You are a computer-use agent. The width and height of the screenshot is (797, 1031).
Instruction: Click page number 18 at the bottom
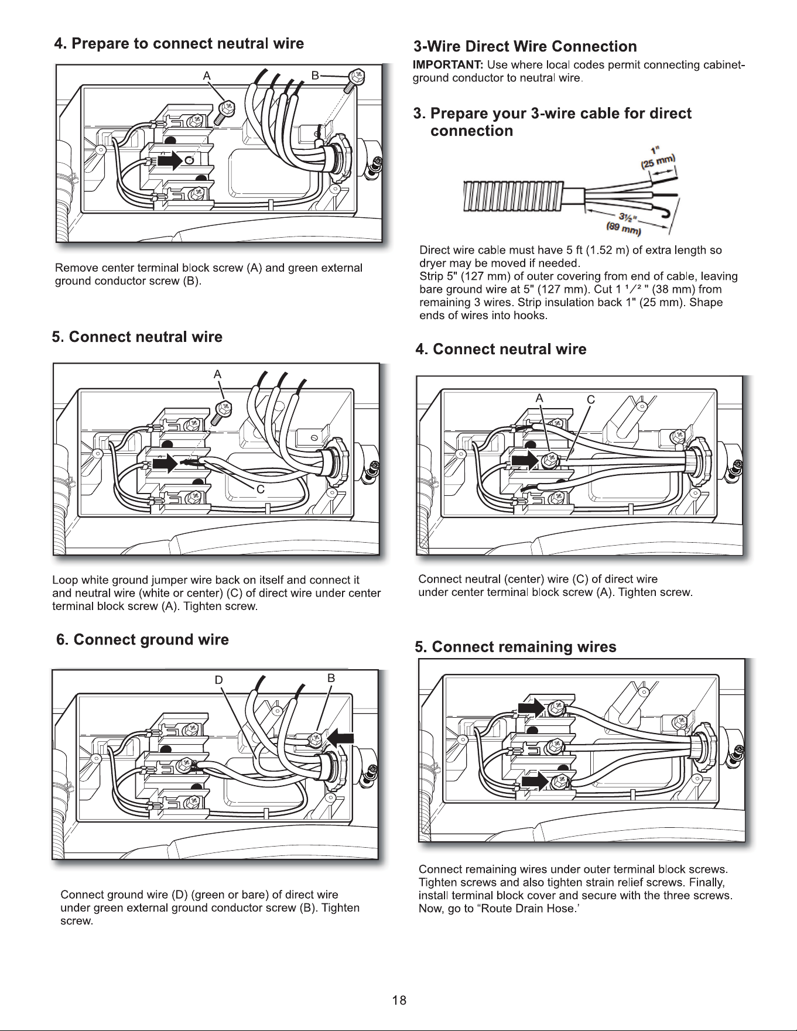tap(399, 1000)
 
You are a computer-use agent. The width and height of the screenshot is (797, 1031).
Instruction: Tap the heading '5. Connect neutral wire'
tap(137, 337)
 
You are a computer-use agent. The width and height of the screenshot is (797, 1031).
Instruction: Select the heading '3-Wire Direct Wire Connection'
tap(525, 47)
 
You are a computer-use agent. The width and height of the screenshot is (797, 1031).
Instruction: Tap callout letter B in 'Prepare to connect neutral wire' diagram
tap(315, 76)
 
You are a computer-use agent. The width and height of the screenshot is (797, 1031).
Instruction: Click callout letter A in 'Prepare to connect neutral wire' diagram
tap(206, 76)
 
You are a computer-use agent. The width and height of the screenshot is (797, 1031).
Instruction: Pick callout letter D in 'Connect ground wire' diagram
tap(218, 680)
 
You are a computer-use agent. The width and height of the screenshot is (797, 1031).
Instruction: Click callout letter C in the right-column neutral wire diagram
tap(591, 400)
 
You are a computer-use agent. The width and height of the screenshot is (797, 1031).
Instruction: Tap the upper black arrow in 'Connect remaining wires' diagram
tap(532, 708)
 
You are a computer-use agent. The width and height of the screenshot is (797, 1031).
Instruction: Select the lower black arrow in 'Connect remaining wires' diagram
tap(535, 782)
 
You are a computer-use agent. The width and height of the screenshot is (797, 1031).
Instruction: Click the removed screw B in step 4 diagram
tap(353, 80)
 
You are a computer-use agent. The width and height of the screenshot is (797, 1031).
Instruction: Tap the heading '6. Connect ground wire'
tap(142, 640)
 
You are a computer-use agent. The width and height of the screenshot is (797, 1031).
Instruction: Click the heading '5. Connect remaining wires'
tap(515, 647)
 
